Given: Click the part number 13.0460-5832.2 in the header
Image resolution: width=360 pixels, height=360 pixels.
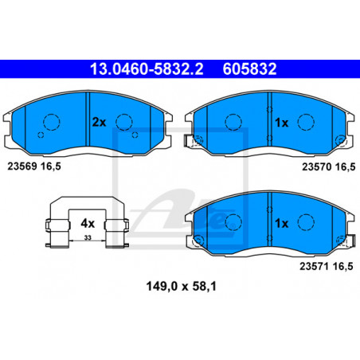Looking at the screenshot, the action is click(147, 68).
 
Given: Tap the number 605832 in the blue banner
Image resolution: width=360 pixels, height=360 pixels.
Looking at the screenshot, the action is click(249, 68).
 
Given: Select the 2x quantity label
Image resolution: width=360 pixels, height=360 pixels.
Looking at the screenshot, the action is click(99, 122).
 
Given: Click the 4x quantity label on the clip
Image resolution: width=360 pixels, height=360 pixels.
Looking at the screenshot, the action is click(88, 224).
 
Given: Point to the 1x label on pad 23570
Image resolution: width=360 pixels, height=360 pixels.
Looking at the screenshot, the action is click(281, 123).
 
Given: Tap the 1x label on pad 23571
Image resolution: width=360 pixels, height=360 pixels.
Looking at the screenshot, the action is click(281, 224).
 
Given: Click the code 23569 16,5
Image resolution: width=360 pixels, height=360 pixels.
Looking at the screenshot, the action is click(34, 166).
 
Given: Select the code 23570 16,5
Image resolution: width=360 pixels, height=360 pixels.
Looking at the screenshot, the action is click(329, 167).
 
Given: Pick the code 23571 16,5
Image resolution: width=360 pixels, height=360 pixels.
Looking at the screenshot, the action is click(327, 266).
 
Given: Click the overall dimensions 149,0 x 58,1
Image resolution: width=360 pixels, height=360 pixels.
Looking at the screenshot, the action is click(182, 287).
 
